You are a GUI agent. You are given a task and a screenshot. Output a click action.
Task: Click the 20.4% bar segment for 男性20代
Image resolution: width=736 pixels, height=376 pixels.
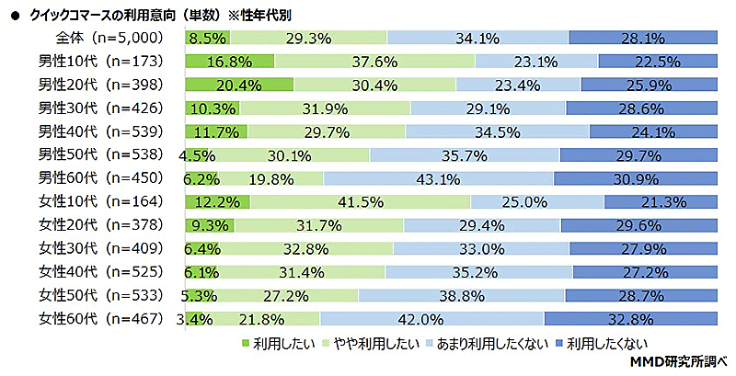click(238, 85)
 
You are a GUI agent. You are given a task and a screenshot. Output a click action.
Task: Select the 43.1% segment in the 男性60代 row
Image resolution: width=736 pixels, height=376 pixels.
click(438, 177)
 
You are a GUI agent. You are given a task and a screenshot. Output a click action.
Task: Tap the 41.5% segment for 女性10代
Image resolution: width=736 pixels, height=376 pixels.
click(360, 200)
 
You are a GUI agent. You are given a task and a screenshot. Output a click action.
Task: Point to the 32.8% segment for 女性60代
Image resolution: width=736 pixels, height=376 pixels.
click(629, 318)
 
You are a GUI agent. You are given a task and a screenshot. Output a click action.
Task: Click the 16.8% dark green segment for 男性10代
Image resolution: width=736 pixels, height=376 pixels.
click(229, 62)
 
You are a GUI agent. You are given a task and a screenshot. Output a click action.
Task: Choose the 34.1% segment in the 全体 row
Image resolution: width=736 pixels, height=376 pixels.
click(477, 39)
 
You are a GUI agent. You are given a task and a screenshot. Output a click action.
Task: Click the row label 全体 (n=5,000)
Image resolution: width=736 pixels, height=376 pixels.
click(109, 39)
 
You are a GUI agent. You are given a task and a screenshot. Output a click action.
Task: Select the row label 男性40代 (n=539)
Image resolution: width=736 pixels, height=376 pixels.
click(100, 131)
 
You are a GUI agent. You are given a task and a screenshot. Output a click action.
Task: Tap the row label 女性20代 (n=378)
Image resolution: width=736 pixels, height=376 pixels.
click(100, 225)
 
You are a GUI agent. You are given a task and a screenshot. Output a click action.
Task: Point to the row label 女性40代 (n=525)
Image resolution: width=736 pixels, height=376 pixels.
click(100, 271)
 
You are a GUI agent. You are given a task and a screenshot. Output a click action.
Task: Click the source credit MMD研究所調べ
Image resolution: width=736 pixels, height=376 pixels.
click(677, 362)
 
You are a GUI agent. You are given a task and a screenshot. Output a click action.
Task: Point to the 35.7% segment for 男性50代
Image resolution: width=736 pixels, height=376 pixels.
click(464, 154)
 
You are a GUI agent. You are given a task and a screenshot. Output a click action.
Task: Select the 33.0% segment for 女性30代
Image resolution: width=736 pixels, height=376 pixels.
click(480, 248)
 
